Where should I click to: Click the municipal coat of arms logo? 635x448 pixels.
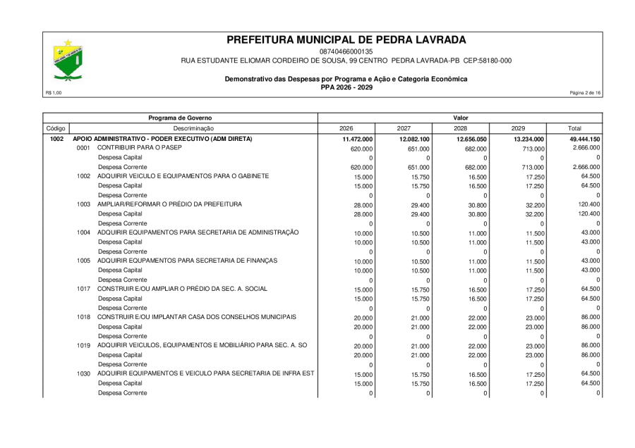pos(69,59)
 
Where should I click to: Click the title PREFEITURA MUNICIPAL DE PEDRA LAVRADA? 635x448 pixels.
pos(346,39)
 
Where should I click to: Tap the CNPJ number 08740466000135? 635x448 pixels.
pos(346,51)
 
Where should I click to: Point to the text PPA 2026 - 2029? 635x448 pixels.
pos(346,87)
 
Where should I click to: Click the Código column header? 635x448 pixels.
pos(56,128)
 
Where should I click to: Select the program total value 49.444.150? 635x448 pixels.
pos(585,139)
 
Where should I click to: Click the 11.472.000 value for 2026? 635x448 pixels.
pos(356,139)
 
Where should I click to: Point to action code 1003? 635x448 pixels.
pos(84,204)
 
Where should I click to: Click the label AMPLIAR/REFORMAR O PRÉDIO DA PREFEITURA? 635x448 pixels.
pos(170,204)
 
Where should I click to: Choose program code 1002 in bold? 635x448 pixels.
pos(57,139)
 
